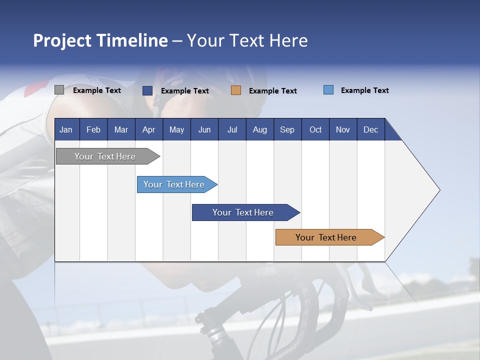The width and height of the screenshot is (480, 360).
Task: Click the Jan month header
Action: coord(66,129)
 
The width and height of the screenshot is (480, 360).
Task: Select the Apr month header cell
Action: coord(148,129)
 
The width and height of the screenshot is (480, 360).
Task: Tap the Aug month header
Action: coord(259,129)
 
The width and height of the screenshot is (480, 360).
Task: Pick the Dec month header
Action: coord(370,129)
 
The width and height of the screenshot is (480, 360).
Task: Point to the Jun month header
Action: coord(204,129)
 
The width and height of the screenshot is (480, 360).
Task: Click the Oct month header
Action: coord(315,129)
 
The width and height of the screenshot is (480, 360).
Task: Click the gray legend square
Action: coord(59,90)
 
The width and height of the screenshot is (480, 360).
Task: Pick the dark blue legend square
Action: coord(147,90)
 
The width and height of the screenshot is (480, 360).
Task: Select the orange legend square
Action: coord(236,90)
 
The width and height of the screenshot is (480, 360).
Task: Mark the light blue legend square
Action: coord(328,90)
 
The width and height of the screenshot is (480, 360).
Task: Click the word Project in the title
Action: coord(62,41)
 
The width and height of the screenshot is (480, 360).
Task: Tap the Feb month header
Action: coord(93,129)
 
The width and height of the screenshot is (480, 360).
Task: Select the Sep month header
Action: coord(287,129)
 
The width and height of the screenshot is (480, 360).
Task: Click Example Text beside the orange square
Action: coord(272,91)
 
